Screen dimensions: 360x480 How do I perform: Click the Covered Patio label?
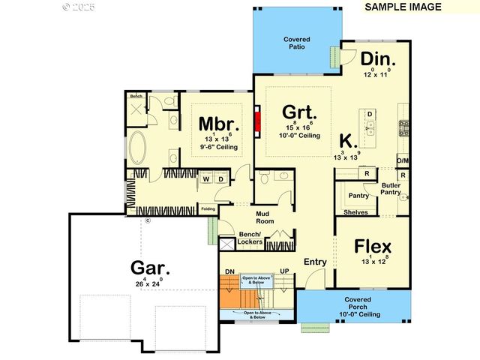[x=297, y=43]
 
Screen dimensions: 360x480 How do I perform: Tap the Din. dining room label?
[x=378, y=59]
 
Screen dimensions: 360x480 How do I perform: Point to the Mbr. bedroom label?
[x=219, y=124]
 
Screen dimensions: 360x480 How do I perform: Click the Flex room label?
[x=373, y=247]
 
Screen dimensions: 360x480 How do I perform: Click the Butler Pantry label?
[x=391, y=189]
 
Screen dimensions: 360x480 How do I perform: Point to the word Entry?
[x=315, y=262]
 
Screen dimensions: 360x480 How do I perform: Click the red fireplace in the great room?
[x=256, y=121]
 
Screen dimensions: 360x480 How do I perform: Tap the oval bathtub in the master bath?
[x=139, y=148]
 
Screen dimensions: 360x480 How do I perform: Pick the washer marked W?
[x=205, y=179]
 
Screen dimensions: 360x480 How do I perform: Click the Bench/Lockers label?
[x=248, y=238]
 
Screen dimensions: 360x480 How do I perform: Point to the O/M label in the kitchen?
[x=403, y=160]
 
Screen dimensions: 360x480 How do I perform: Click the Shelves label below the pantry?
[x=355, y=212]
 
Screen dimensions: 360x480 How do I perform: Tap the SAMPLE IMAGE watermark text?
[x=403, y=7]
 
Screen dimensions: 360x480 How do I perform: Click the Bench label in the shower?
[x=136, y=97]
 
